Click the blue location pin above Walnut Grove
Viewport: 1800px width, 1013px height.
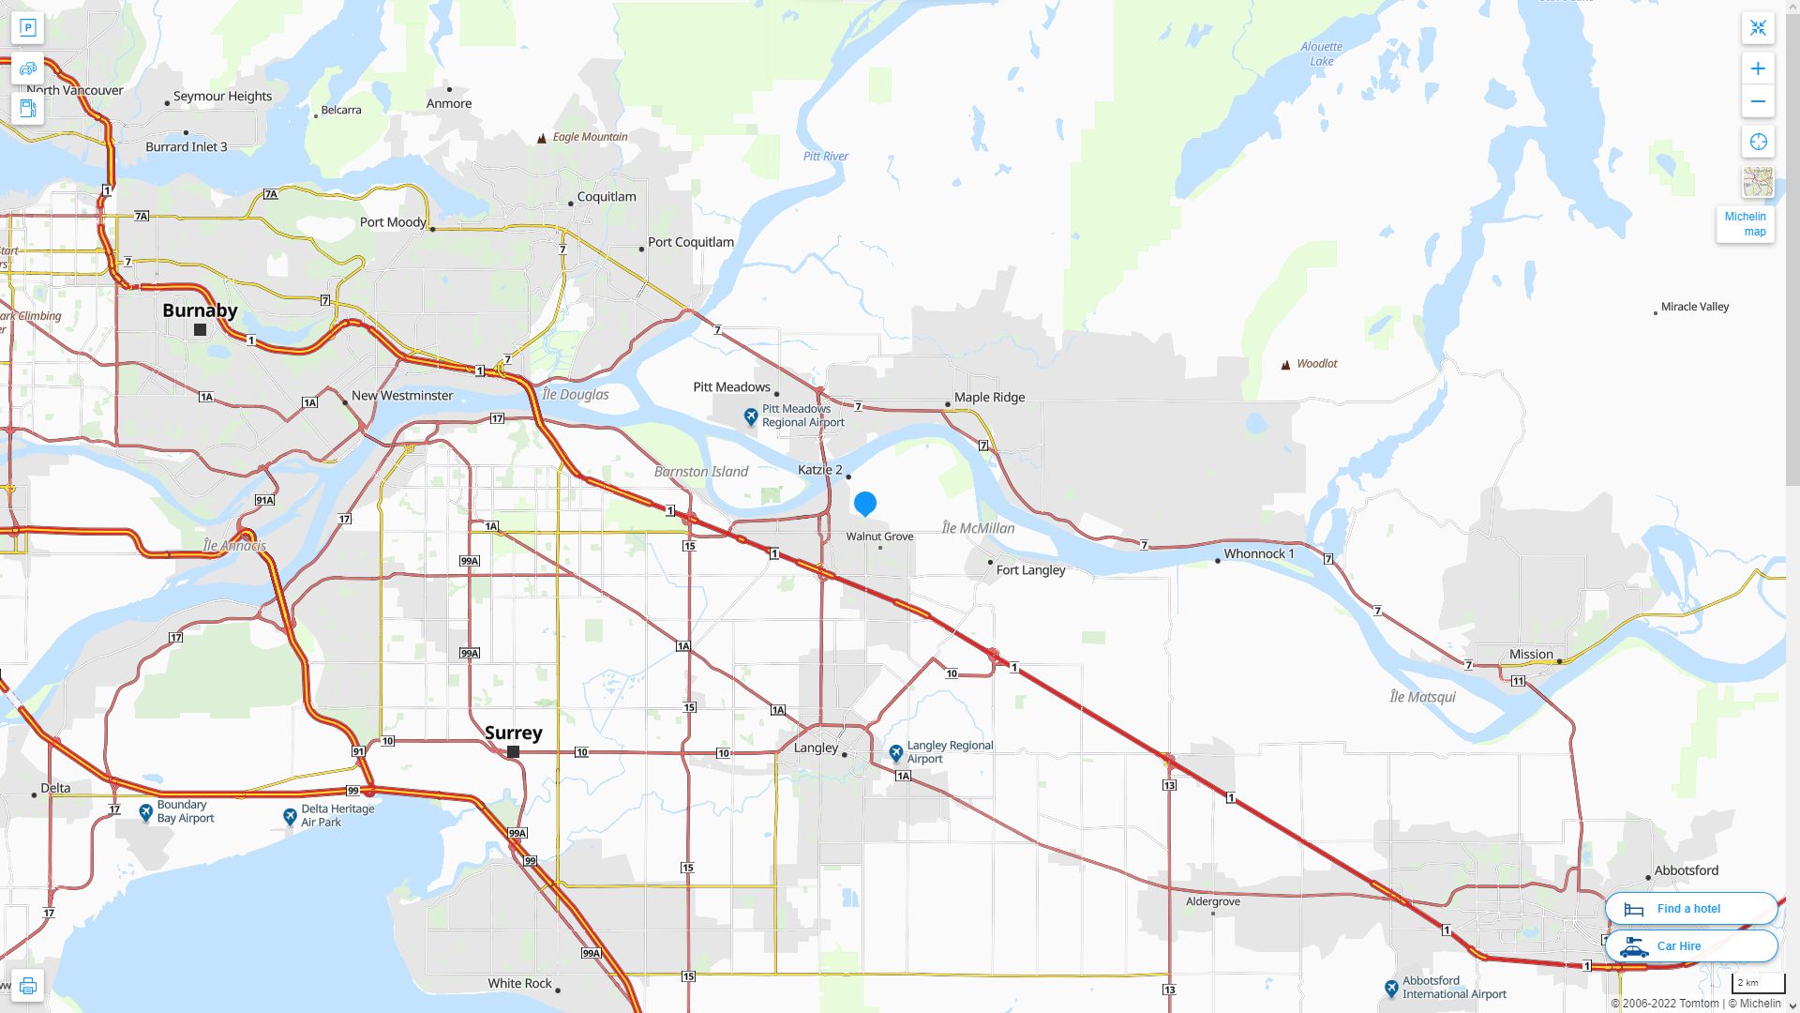pos(864,504)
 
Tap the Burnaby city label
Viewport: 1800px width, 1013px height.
pos(200,310)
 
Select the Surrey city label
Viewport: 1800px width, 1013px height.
pos(513,733)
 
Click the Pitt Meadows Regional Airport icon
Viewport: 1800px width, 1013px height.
pos(751,416)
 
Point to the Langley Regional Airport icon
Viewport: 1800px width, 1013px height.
pos(895,753)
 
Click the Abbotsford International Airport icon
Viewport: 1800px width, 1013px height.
pos(1391,989)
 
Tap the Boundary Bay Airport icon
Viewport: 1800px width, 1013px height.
pos(146,812)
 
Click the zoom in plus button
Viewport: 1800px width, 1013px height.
pos(1758,68)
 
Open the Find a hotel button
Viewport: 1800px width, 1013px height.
pos(1690,908)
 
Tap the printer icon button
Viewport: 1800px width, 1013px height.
pos(27,986)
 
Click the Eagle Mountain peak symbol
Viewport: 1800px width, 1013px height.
pos(541,139)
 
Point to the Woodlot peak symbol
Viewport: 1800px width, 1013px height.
pos(1285,365)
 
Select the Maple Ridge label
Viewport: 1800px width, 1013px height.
pos(989,397)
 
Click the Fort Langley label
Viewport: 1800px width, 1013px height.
pos(1030,570)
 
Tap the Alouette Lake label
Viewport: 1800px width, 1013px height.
pos(1321,53)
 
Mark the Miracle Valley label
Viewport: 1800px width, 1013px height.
pos(1694,307)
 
